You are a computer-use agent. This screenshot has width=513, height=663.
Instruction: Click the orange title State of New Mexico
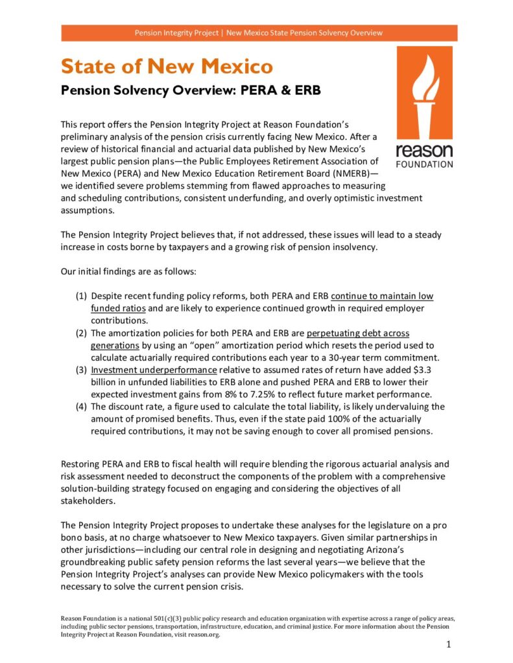[167, 66]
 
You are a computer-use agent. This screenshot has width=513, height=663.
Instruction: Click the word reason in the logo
[424, 151]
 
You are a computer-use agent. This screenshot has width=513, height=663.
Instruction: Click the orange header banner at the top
[259, 32]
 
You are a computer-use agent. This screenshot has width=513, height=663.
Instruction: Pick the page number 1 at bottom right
[448, 644]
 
